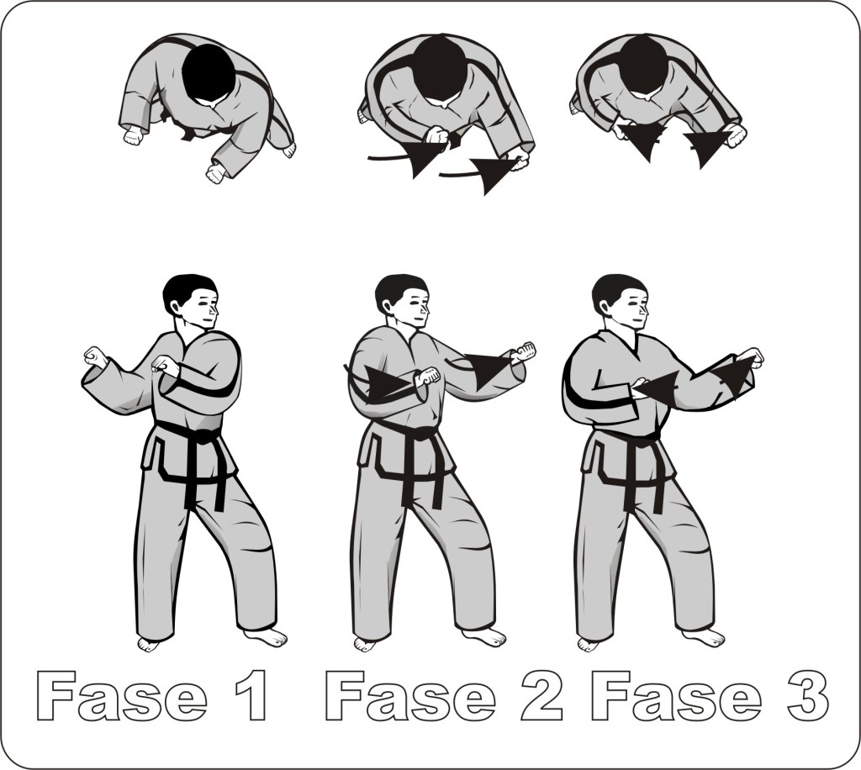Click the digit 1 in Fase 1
(x=254, y=696)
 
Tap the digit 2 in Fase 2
(x=541, y=696)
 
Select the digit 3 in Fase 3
(x=807, y=696)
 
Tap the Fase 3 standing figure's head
(x=621, y=301)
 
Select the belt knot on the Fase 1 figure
(x=203, y=436)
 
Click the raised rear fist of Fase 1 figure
(x=95, y=357)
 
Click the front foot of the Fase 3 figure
(x=704, y=636)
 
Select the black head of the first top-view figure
(x=209, y=73)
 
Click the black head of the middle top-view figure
(x=439, y=71)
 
